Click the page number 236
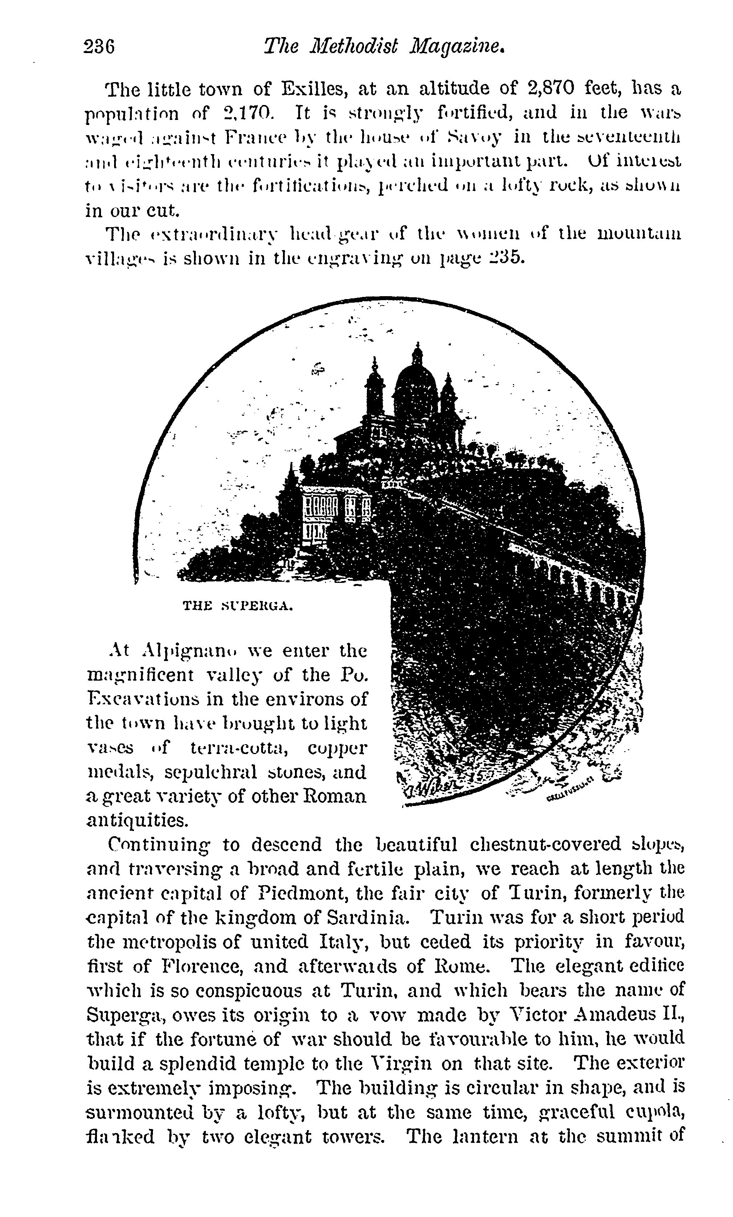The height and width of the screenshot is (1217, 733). coord(99,47)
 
